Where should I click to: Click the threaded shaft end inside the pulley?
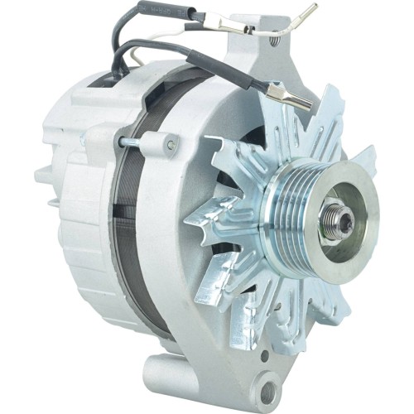(x=341, y=219)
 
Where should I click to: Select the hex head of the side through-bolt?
(x=171, y=145)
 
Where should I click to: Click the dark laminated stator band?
(x=124, y=215)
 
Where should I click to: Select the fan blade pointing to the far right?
(x=365, y=157)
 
